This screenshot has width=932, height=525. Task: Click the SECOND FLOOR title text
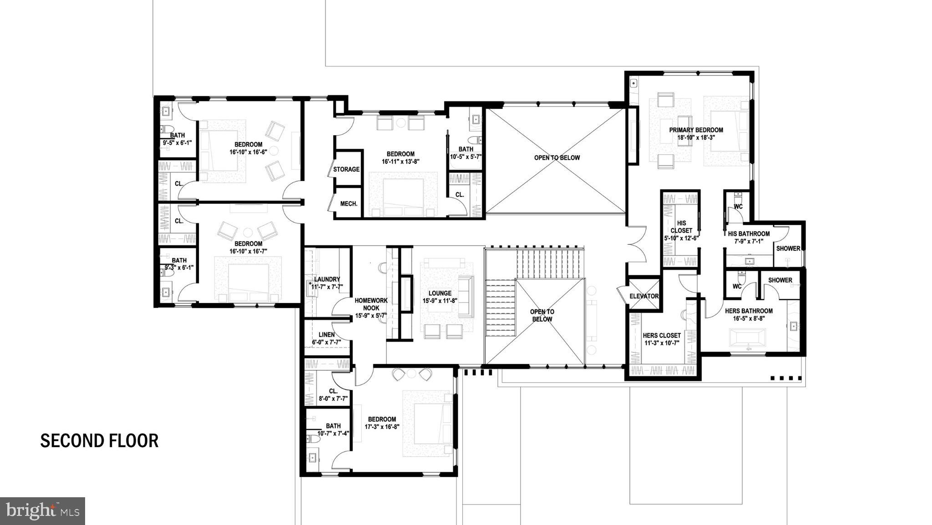(99, 441)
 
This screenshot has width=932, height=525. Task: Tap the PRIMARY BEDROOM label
(696, 130)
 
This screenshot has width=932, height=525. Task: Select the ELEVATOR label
(644, 296)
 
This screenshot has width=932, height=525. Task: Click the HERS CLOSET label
(662, 336)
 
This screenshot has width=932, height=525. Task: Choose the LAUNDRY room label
(327, 279)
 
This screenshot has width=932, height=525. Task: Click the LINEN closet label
(326, 335)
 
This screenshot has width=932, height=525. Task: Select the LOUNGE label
(440, 293)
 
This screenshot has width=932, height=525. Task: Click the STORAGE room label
(346, 169)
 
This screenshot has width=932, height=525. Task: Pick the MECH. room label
(349, 204)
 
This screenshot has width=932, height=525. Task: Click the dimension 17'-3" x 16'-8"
(382, 427)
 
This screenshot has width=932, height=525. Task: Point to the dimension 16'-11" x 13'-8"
(400, 161)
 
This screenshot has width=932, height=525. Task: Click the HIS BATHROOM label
(749, 234)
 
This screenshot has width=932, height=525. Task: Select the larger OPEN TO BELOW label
(557, 158)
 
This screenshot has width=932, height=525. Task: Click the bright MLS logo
(42, 511)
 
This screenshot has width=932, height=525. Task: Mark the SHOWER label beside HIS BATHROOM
(788, 248)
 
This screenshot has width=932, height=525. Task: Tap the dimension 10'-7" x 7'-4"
(333, 434)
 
